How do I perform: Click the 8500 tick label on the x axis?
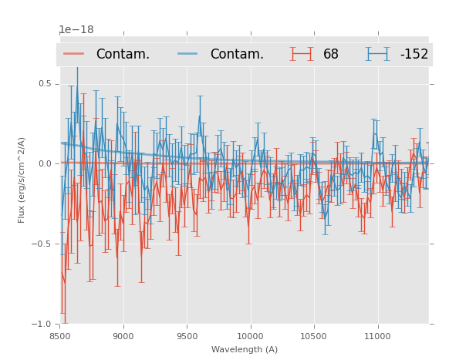click(x=59, y=336)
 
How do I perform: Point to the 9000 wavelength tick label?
click(x=123, y=336)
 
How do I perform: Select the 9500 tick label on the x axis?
click(x=187, y=336)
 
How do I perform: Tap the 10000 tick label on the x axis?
click(x=250, y=336)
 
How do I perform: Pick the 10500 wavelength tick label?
click(x=314, y=336)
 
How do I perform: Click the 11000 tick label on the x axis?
click(x=377, y=336)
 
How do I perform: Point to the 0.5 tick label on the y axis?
click(x=45, y=84)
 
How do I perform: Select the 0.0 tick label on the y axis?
click(x=45, y=163)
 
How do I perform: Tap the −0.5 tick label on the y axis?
click(x=42, y=244)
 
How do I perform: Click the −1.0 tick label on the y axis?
click(x=42, y=324)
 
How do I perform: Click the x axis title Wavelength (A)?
click(x=245, y=349)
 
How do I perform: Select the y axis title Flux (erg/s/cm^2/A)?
click(x=22, y=180)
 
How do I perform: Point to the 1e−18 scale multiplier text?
click(x=76, y=30)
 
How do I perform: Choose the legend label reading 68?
click(x=331, y=55)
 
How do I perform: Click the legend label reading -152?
click(x=414, y=55)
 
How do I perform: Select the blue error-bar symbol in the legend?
click(x=378, y=54)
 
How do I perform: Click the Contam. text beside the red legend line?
click(x=123, y=55)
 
